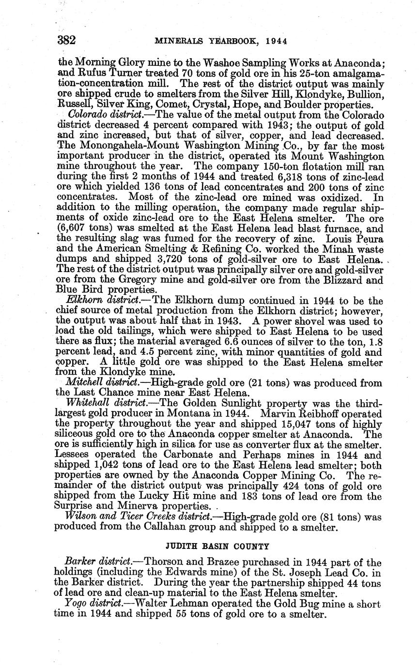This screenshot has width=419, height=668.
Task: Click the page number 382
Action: click(x=66, y=40)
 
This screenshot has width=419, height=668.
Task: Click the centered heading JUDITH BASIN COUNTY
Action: click(x=217, y=547)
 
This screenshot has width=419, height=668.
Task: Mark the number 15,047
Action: click(x=301, y=425)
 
